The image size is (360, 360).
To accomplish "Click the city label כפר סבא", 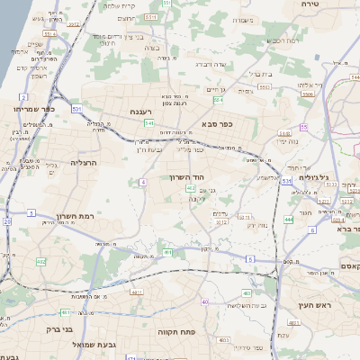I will (x=218, y=124).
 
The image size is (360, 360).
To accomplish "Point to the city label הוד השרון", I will (x=188, y=177).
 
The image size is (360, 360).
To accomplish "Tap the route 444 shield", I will (x=288, y=219).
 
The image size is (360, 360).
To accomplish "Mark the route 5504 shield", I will (x=307, y=93).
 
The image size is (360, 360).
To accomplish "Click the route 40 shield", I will (x=205, y=301).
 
